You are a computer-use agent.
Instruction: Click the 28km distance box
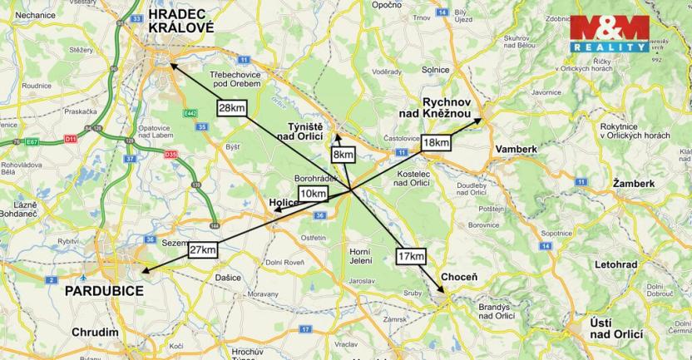click(x=231, y=107)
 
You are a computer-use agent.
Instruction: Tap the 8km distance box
click(x=343, y=155)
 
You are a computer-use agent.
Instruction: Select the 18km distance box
click(x=436, y=142)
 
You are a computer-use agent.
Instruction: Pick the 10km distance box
click(x=313, y=194)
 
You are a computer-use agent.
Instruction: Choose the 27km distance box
click(x=203, y=250)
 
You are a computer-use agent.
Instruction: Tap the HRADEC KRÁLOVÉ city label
click(x=180, y=21)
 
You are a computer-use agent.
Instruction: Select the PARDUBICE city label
click(x=104, y=291)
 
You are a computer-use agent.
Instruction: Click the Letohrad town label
click(x=617, y=264)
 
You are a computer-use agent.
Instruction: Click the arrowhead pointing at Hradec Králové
click(x=171, y=65)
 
